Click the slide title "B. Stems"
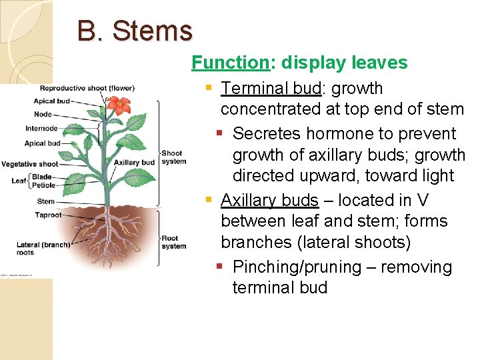coord(135,31)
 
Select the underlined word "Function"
coord(229,63)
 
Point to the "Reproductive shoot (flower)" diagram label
coord(87,88)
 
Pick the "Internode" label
coord(41,129)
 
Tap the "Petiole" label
coord(44,185)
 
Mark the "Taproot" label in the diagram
coord(49,215)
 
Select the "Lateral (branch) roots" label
coord(43,249)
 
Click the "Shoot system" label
coord(173,157)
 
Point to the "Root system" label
coord(173,242)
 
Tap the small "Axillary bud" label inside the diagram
coord(134,163)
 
